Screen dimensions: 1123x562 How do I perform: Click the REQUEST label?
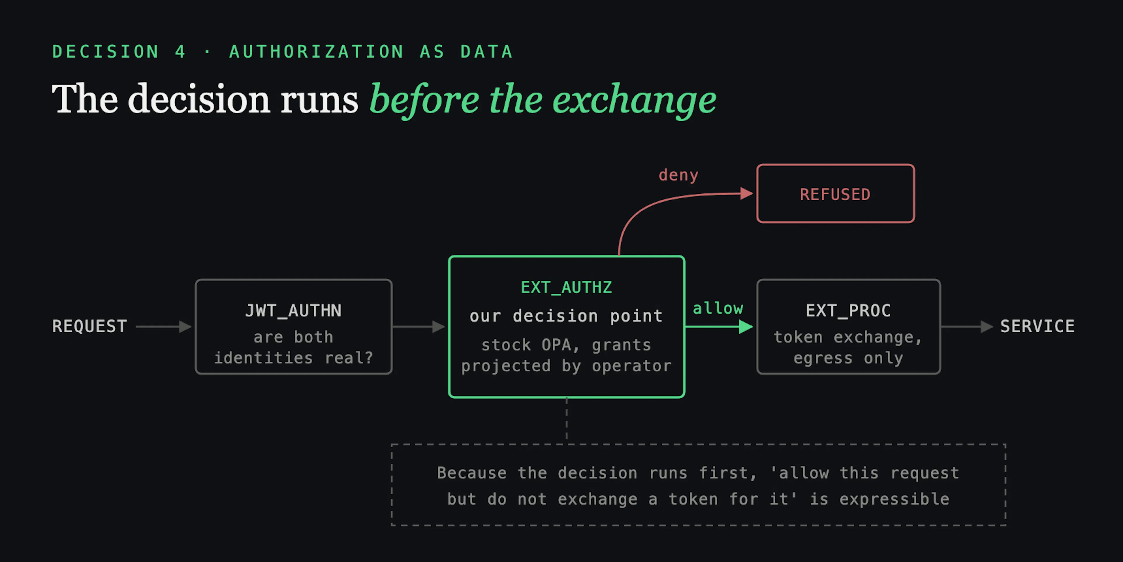point(89,326)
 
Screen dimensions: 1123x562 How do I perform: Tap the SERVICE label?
point(1038,326)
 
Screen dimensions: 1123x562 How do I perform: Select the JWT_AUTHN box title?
point(293,311)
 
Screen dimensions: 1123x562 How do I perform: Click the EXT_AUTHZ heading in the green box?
point(566,287)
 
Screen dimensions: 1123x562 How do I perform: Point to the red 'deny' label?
point(678,175)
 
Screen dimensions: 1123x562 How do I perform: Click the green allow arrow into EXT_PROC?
point(719,326)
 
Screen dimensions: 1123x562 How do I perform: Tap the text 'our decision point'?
point(566,316)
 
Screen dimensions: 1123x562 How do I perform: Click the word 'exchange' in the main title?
point(634,100)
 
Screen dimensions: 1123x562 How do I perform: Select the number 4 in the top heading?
point(180,52)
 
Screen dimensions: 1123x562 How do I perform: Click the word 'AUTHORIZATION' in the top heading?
point(316,52)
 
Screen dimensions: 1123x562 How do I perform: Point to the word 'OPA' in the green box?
point(556,345)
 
